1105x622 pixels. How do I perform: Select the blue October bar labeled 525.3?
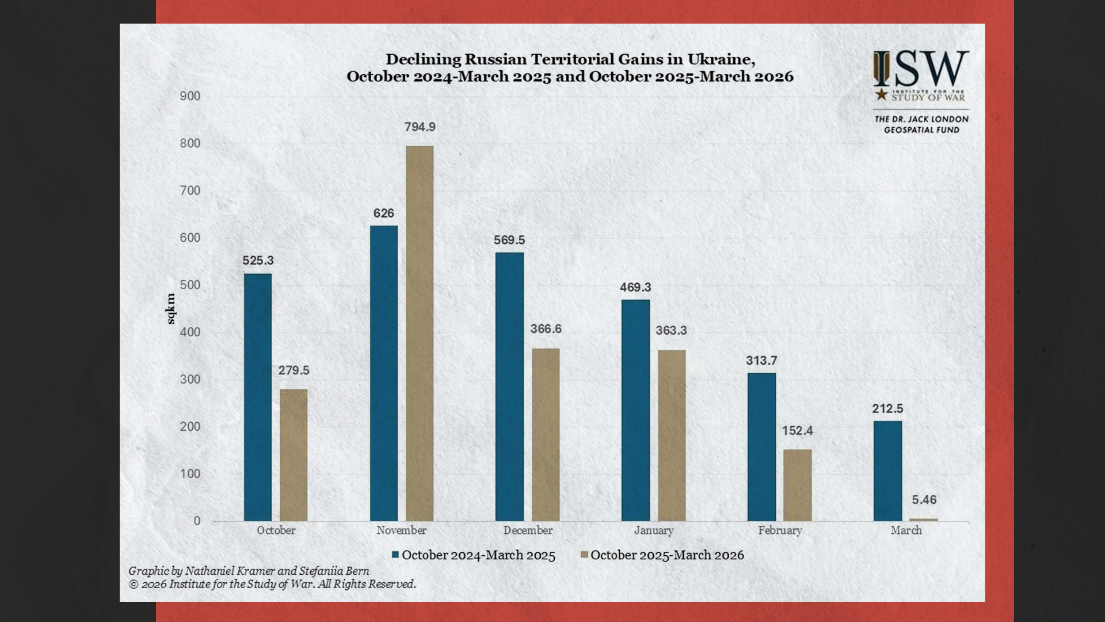(x=258, y=397)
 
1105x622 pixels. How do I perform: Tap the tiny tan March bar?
(x=923, y=519)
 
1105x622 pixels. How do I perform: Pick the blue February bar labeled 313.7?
(x=761, y=447)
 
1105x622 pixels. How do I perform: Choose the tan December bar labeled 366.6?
(x=546, y=435)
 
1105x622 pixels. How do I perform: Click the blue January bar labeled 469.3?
(x=635, y=410)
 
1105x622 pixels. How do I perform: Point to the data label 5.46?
(x=924, y=500)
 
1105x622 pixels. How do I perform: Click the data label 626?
(x=384, y=214)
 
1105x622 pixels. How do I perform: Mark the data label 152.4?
(x=797, y=431)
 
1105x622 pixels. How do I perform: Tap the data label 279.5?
(x=294, y=370)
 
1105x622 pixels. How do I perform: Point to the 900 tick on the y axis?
(x=190, y=96)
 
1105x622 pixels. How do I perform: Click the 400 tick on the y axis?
(x=190, y=332)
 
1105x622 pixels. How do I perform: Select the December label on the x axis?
(x=528, y=530)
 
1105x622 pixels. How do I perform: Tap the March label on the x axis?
(x=906, y=530)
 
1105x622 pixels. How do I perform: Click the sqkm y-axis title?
(x=170, y=309)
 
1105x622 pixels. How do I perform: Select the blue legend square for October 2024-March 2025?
(x=395, y=555)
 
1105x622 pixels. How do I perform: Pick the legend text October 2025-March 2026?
(x=667, y=555)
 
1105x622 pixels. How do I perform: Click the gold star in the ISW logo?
(x=881, y=94)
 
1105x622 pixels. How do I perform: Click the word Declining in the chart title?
(x=423, y=59)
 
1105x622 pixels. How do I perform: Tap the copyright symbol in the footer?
(x=134, y=585)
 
